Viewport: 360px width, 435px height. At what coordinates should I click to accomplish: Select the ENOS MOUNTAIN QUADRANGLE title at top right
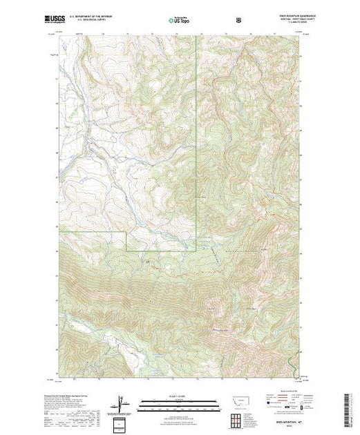pos(277,17)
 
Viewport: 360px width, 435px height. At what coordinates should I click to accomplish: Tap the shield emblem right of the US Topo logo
pos(238,20)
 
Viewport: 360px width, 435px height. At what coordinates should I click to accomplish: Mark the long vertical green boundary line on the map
pos(197,138)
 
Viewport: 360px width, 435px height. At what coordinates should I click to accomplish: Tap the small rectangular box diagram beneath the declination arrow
pos(122,420)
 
